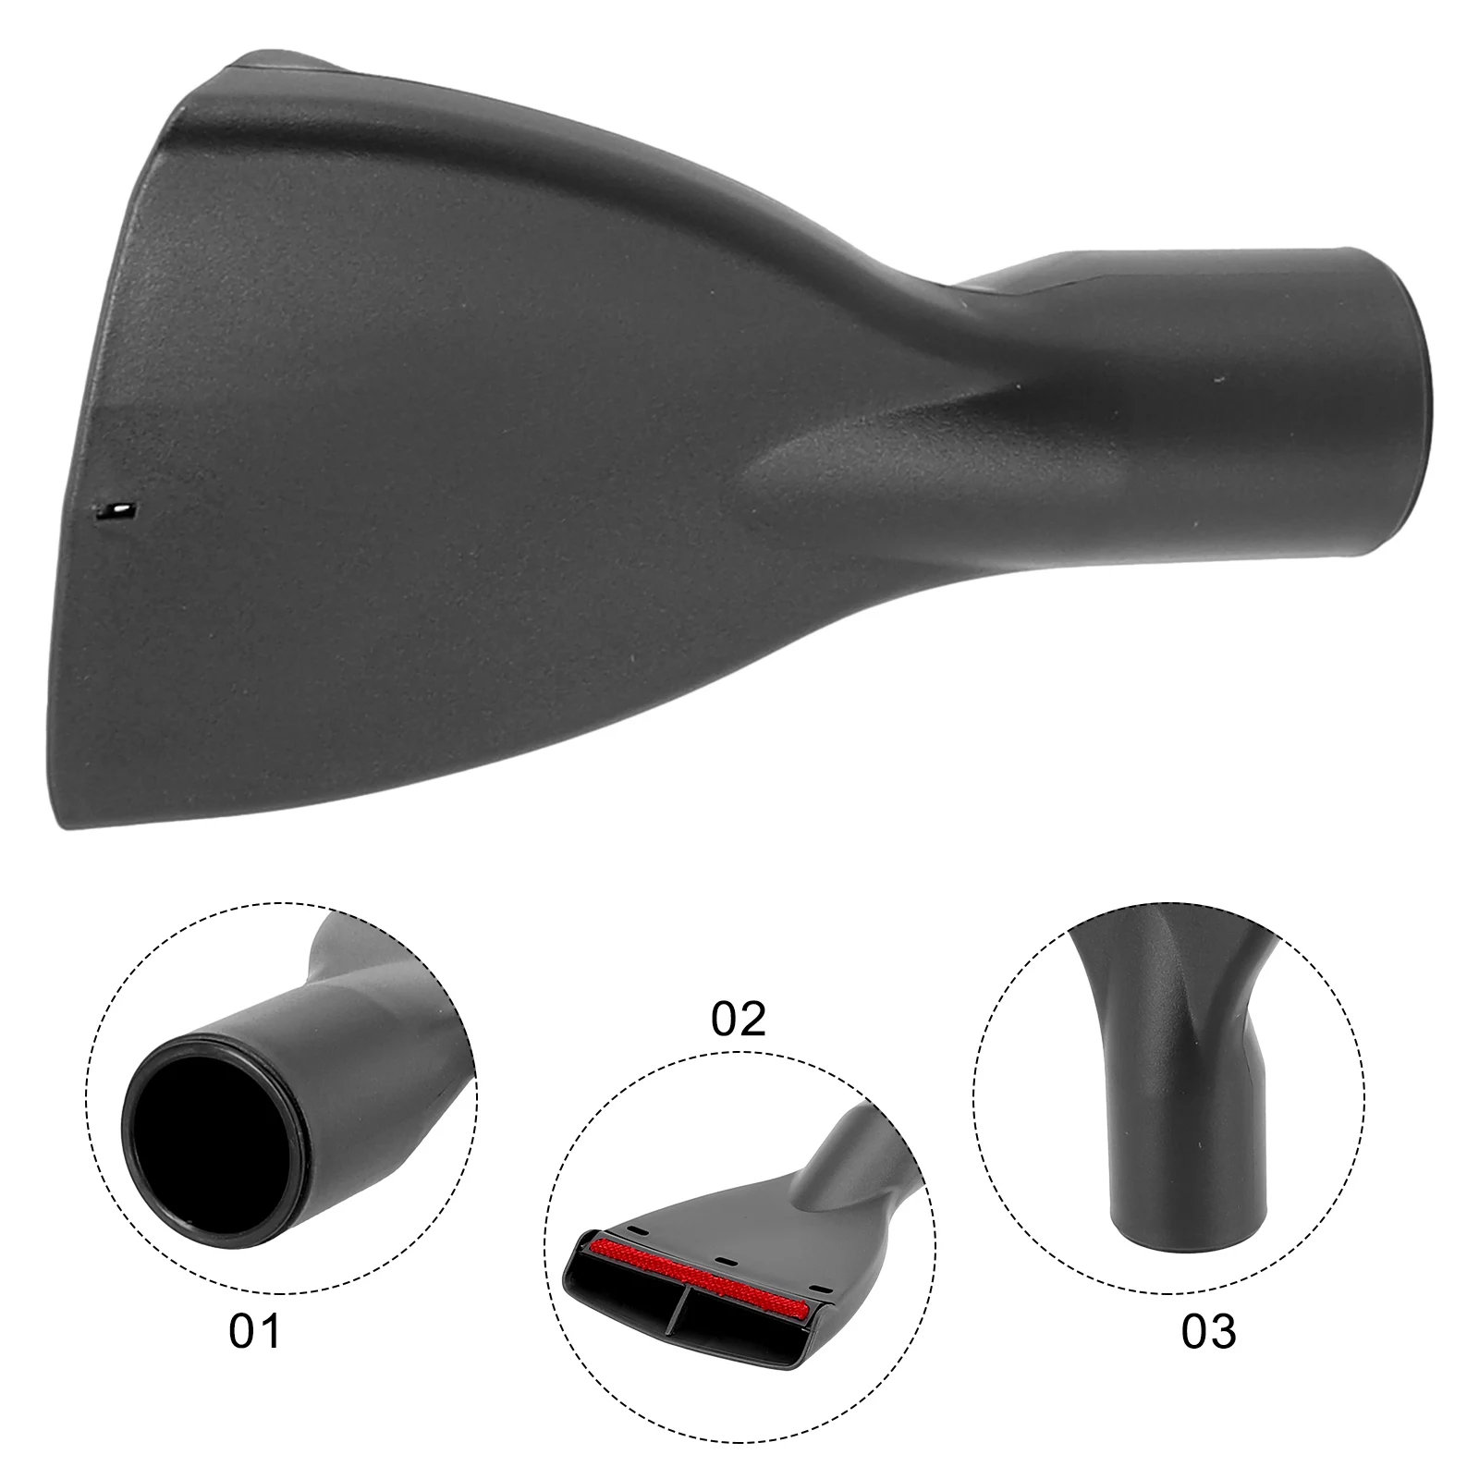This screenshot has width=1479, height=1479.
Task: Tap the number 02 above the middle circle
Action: point(739,1019)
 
